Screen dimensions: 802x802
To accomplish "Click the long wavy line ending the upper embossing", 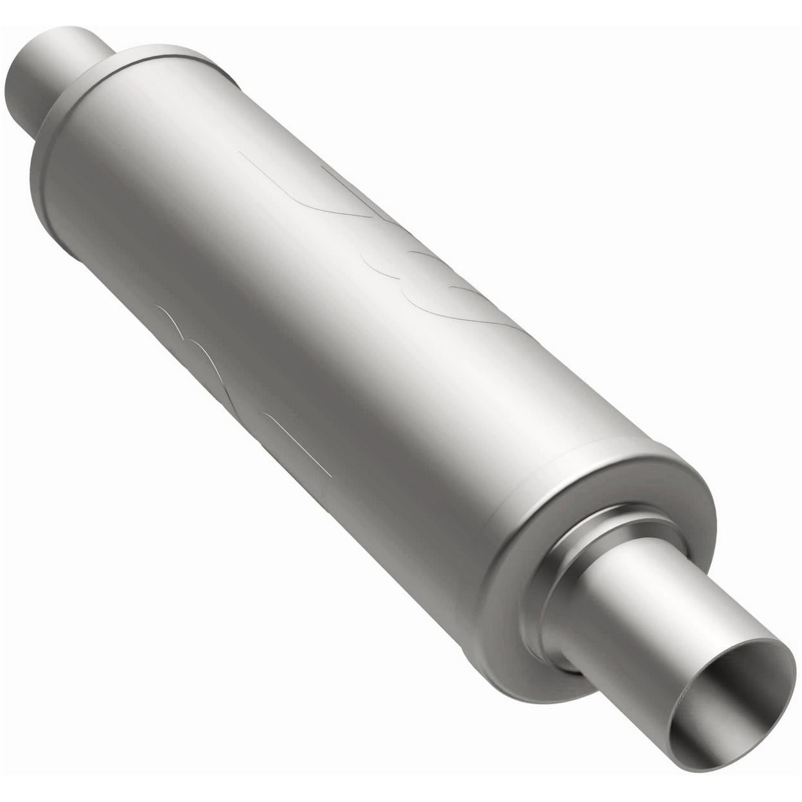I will click(x=476, y=308).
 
